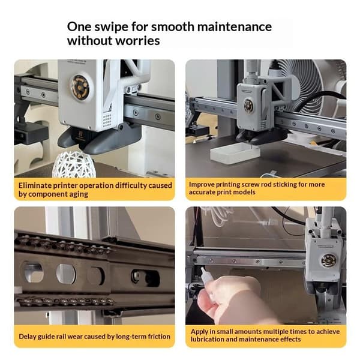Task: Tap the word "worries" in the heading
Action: point(137,41)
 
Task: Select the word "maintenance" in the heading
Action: point(235,26)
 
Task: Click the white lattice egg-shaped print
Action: point(74,164)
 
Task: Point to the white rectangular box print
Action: point(235,153)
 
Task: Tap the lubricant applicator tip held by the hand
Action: point(203,269)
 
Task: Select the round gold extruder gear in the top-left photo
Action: point(79,88)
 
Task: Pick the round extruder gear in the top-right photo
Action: point(248,106)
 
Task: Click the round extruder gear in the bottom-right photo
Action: point(329,260)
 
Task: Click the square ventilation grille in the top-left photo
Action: point(107,121)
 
